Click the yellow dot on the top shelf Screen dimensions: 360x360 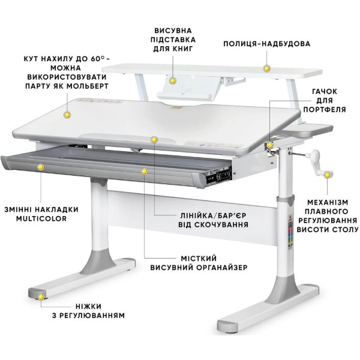266,68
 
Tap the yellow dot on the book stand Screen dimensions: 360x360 172,81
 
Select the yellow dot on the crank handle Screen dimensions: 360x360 328,175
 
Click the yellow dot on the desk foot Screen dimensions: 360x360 41,298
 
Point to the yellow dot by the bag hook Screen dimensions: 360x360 270,145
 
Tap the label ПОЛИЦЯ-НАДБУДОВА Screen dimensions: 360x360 267,44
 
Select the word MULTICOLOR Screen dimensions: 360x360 41,218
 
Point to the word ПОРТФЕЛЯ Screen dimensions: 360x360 325,109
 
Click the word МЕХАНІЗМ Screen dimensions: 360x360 328,202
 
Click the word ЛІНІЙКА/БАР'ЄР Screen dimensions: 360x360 213,215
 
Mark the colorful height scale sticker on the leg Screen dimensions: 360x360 290,235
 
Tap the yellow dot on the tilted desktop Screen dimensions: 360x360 67,115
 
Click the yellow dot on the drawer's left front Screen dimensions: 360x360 41,167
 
